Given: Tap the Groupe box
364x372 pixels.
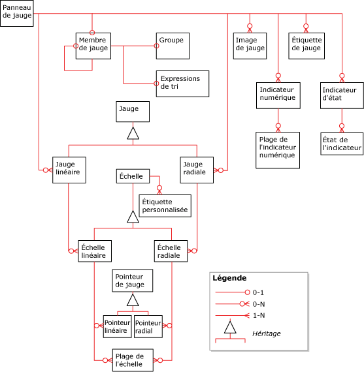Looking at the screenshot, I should [173, 45].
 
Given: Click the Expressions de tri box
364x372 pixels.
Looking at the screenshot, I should [182, 84].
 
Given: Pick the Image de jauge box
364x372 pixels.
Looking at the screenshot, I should [250, 46].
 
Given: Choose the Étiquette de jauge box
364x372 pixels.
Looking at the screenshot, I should [306, 46].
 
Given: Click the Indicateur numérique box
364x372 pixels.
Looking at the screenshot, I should [278, 95].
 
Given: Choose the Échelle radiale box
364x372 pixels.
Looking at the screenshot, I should [171, 252].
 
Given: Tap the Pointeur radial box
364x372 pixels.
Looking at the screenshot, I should [148, 328].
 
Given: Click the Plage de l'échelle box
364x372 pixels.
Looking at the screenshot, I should [133, 360].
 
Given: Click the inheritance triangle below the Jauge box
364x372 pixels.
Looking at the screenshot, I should [133, 133].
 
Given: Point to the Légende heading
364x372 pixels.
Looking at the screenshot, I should [229, 278].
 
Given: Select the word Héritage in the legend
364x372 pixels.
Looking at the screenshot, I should [266, 333].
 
